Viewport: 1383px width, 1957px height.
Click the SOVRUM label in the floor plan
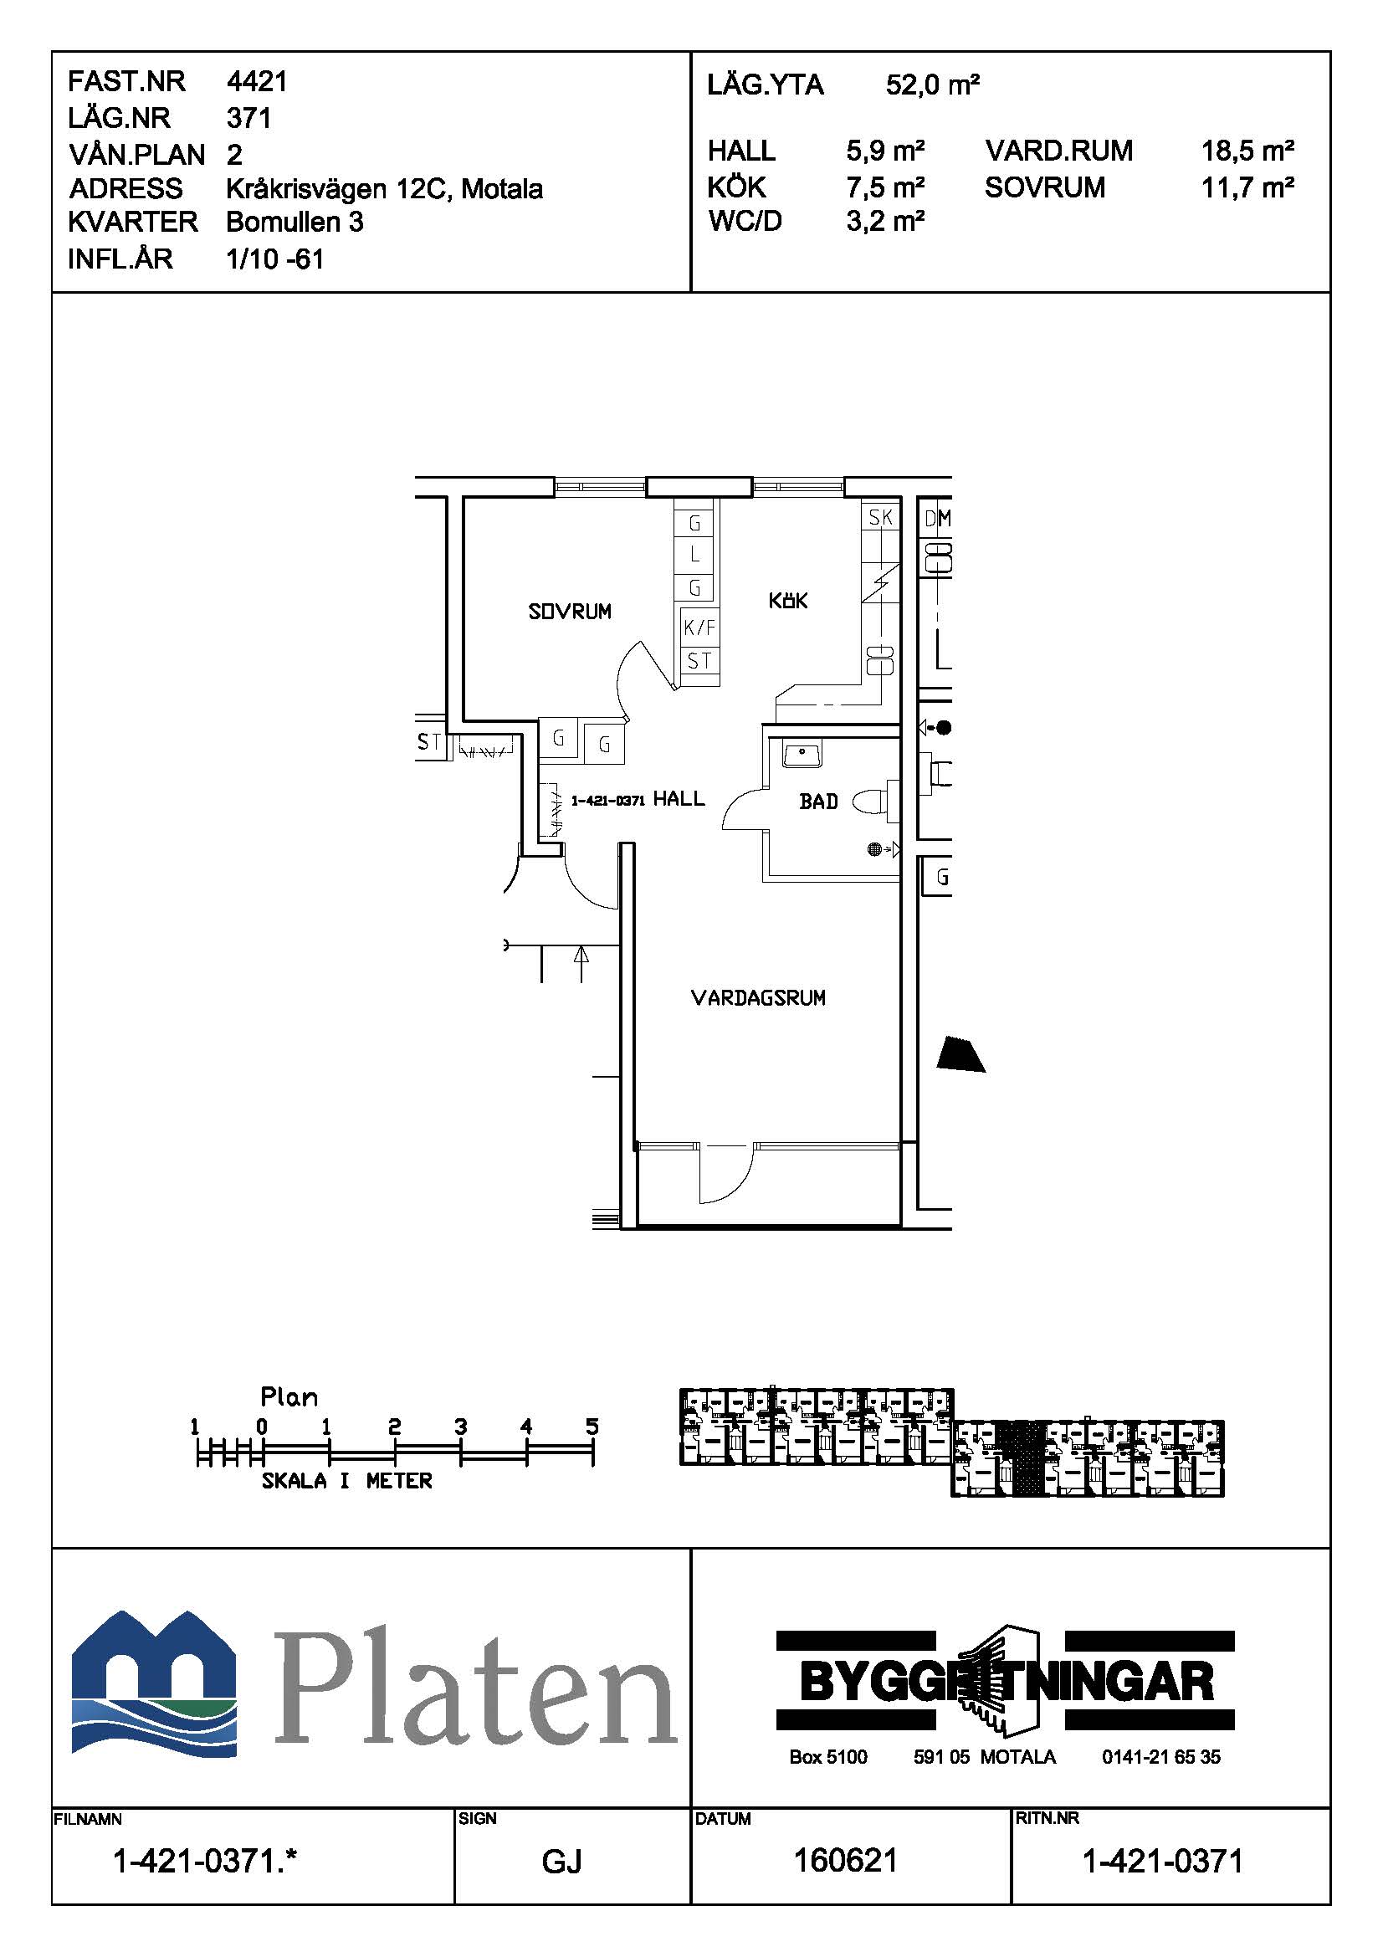pos(569,611)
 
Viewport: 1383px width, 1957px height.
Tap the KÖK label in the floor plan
pos(788,601)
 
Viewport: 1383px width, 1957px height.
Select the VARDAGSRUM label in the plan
pos(758,997)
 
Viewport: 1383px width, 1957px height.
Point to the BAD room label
pos(819,802)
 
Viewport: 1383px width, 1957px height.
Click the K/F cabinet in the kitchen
pos(699,628)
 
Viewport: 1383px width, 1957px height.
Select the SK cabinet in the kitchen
pos(880,516)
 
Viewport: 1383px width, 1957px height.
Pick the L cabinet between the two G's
pos(694,555)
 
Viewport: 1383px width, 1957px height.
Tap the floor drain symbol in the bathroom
pos(874,849)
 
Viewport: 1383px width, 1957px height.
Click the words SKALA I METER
pos(347,1481)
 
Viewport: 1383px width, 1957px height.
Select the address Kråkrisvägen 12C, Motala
pos(384,188)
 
